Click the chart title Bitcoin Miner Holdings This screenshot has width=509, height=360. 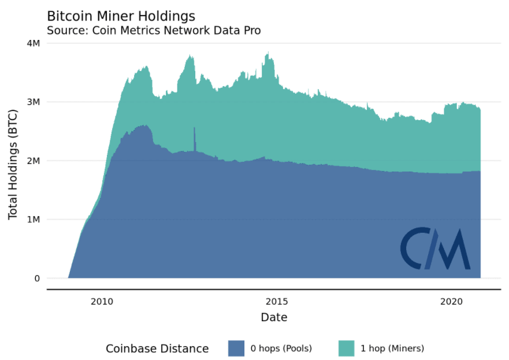click(121, 16)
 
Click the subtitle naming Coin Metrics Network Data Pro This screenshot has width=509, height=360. click(154, 30)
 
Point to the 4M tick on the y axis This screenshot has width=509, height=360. click(32, 43)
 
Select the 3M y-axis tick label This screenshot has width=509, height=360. click(32, 102)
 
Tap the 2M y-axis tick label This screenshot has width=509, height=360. click(32, 161)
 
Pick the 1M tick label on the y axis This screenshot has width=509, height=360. click(32, 220)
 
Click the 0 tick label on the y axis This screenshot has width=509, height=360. click(36, 279)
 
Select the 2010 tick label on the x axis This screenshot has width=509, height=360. click(102, 302)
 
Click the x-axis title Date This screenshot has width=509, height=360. click(274, 317)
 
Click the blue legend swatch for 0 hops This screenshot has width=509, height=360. click(236, 348)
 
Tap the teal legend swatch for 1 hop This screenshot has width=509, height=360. click(346, 348)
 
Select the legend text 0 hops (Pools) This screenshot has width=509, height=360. click(281, 348)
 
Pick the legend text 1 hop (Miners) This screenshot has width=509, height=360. click(392, 348)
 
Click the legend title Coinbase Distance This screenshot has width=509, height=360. click(157, 348)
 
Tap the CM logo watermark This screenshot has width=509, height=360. click(435, 249)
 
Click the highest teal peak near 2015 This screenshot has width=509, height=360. click(267, 54)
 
